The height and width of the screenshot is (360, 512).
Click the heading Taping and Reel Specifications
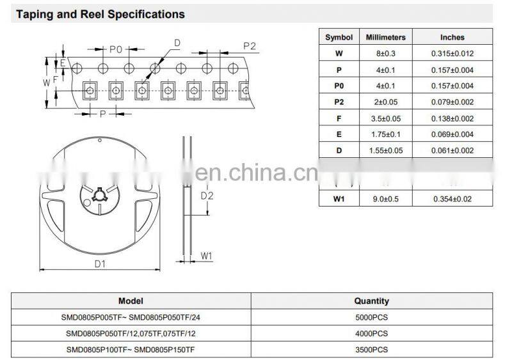[100, 14]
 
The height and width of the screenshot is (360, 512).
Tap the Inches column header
[452, 38]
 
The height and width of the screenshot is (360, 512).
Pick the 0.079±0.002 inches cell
[452, 102]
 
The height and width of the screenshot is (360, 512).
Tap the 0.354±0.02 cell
[452, 198]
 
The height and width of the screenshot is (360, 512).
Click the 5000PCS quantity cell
[371, 317]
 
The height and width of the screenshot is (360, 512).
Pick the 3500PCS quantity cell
[371, 349]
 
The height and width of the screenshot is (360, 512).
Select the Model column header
[131, 301]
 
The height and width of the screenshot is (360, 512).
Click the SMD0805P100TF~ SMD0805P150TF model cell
[131, 349]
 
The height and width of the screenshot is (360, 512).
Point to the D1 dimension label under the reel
[100, 263]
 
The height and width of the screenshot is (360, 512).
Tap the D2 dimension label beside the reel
[207, 195]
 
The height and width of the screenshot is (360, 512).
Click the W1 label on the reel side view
[206, 256]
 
